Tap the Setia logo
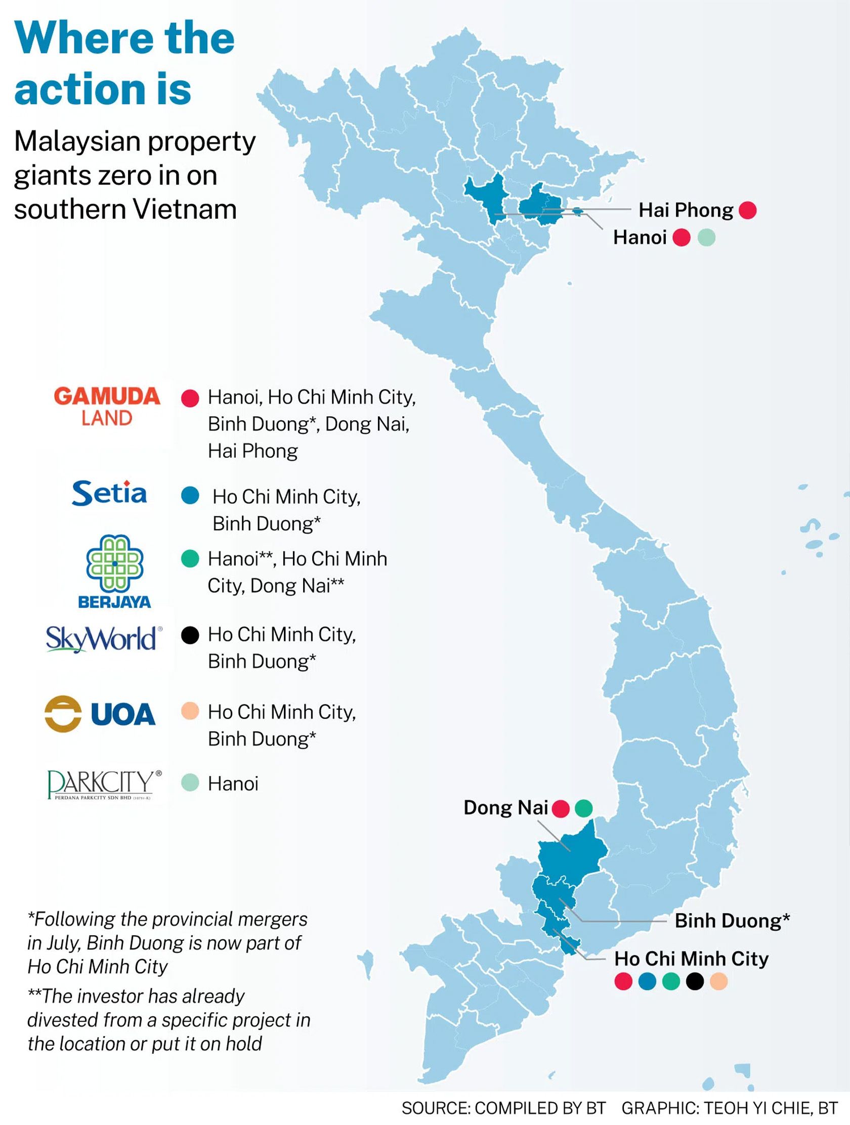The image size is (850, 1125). coord(109,493)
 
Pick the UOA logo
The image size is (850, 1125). coord(100,714)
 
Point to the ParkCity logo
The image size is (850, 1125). coord(104,785)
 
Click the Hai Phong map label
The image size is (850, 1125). coord(685,210)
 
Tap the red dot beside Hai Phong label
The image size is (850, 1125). coord(747,210)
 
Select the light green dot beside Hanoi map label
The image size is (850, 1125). coord(706,238)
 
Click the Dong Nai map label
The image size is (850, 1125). coord(505,808)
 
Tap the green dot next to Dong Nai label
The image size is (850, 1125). coord(583,808)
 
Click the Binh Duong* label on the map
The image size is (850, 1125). coord(732,921)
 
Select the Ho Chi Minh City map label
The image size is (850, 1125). coord(691,959)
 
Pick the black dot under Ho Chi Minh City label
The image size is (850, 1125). coord(695,981)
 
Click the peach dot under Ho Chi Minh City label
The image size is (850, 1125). coord(718,981)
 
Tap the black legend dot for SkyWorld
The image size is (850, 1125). coord(190,635)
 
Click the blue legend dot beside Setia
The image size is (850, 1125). coord(190,495)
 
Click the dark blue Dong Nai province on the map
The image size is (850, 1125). coord(572,856)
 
